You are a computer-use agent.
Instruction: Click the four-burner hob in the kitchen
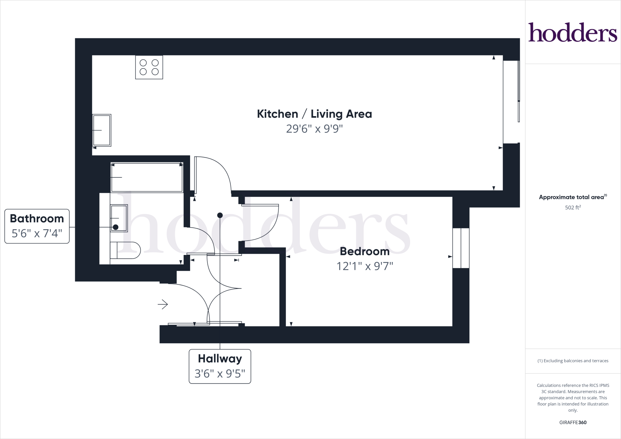(x=149, y=67)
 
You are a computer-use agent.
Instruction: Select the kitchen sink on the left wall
(x=102, y=130)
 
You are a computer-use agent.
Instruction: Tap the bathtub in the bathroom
(x=147, y=177)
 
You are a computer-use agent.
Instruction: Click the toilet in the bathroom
(x=125, y=250)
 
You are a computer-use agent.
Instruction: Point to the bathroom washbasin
(x=119, y=218)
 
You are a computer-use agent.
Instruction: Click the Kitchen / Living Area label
(x=314, y=114)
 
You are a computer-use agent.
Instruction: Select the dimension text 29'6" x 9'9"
(x=314, y=129)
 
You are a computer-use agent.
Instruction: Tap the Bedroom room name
(x=364, y=251)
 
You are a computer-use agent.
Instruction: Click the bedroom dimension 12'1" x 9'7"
(x=364, y=266)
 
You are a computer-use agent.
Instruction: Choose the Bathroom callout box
(x=37, y=226)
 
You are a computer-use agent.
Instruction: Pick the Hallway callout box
(x=220, y=366)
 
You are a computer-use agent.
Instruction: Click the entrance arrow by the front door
(x=163, y=304)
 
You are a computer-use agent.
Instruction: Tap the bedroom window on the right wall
(x=461, y=248)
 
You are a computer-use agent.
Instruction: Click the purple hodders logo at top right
(x=573, y=33)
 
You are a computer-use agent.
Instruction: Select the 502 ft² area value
(x=573, y=208)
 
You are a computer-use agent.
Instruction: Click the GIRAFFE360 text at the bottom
(x=573, y=422)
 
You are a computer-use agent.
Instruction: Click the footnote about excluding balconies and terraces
(x=573, y=361)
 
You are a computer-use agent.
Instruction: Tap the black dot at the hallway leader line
(x=220, y=215)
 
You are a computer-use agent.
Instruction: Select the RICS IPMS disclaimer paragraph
(x=573, y=398)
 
